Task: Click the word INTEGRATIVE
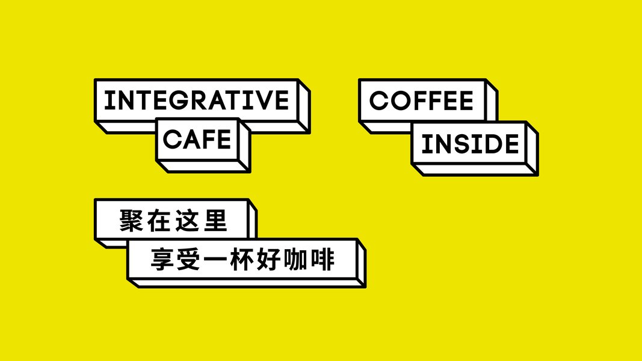pos(197,100)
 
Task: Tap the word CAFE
pos(197,139)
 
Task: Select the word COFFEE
pos(421,100)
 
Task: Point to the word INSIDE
pos(470,144)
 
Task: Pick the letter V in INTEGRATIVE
pos(262,100)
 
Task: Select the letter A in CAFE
pos(193,139)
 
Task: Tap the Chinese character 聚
pos(131,221)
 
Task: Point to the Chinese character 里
pos(215,221)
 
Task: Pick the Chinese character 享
pos(162,259)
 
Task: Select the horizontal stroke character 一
pos(215,259)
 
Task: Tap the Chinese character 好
pos(268,259)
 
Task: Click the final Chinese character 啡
pos(323,259)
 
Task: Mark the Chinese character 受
pos(189,259)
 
